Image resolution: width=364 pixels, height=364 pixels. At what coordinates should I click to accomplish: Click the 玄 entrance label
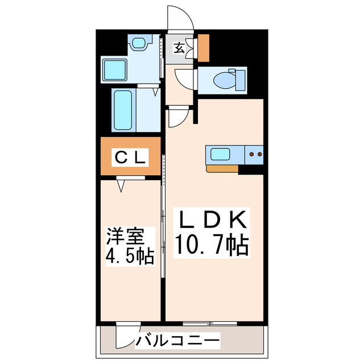[x=179, y=48]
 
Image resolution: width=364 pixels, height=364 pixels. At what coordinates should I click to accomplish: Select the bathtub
[x=123, y=110]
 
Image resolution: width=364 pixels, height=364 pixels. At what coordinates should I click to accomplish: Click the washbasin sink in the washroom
[x=139, y=43]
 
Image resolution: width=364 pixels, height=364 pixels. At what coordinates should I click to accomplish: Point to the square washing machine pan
[x=115, y=70]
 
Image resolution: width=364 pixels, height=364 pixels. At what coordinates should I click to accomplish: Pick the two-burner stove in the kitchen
[x=254, y=153]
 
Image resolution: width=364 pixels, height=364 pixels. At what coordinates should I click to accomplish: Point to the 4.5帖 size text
[x=129, y=256]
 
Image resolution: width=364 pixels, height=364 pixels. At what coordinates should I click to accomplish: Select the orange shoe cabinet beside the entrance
[x=203, y=48]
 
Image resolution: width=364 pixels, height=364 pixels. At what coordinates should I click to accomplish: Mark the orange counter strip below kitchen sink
[x=222, y=168]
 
